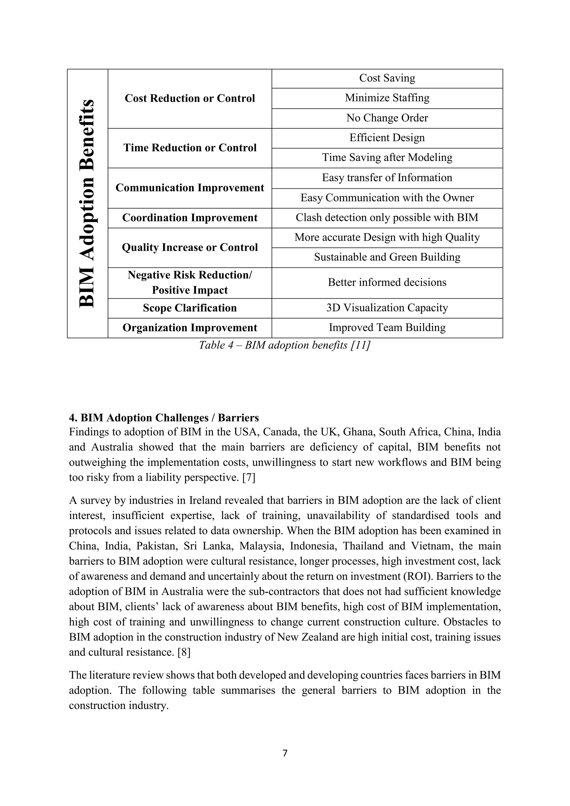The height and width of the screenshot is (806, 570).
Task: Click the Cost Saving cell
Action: (x=387, y=78)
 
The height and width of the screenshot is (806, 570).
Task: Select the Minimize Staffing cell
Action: (x=387, y=98)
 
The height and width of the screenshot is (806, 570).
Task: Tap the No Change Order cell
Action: (x=387, y=118)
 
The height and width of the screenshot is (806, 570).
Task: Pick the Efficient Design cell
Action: (x=387, y=137)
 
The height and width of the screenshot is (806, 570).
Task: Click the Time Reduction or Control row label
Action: (x=190, y=148)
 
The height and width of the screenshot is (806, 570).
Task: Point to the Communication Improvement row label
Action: (x=190, y=188)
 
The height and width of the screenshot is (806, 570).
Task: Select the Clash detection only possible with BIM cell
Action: (x=387, y=218)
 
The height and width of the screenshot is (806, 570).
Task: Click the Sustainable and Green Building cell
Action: (x=387, y=257)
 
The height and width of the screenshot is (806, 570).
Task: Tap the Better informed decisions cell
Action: (x=387, y=282)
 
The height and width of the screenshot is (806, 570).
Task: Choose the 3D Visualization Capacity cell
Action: (x=387, y=308)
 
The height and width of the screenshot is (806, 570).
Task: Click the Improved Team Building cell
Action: (x=387, y=328)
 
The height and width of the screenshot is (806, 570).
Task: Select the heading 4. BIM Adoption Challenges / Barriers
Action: (x=164, y=418)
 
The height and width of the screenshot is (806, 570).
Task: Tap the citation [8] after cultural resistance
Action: (x=184, y=652)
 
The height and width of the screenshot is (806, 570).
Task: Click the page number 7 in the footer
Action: (x=285, y=753)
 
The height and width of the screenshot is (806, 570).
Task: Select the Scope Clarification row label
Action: (x=190, y=308)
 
